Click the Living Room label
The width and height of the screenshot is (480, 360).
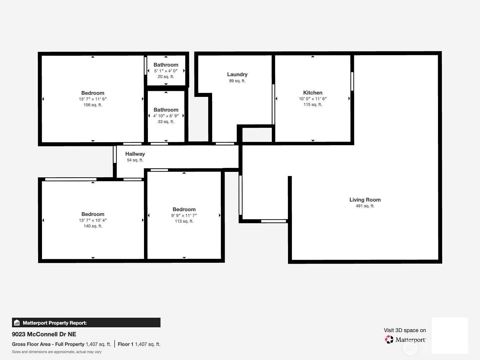click(x=365, y=200)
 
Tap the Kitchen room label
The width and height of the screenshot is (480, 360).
click(x=313, y=93)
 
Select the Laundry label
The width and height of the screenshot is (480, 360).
click(x=237, y=74)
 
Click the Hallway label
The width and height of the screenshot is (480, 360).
click(x=135, y=154)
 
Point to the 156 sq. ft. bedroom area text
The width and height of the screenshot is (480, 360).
click(x=93, y=105)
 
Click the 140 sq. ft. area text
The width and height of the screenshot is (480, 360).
click(x=93, y=226)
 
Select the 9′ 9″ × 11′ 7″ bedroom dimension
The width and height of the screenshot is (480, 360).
click(x=184, y=215)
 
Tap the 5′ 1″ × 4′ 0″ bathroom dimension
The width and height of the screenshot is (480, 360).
click(x=166, y=71)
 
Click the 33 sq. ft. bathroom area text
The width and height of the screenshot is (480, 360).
click(x=166, y=122)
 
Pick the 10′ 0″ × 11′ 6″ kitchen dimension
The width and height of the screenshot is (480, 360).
click(x=313, y=99)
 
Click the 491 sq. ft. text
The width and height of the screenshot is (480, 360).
click(x=365, y=206)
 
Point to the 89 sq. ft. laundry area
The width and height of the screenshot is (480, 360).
click(x=237, y=81)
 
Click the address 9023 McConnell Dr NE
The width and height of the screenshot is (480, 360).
click(x=44, y=334)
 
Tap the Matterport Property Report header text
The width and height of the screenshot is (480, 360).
click(x=55, y=323)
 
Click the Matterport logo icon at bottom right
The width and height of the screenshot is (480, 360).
click(x=389, y=340)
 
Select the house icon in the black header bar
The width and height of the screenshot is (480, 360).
click(x=17, y=323)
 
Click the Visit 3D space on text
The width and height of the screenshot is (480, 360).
click(x=405, y=330)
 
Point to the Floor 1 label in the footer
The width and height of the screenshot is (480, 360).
click(x=125, y=344)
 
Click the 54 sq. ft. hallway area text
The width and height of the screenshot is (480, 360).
click(x=135, y=160)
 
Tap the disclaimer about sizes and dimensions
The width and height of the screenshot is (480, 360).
click(x=57, y=352)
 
